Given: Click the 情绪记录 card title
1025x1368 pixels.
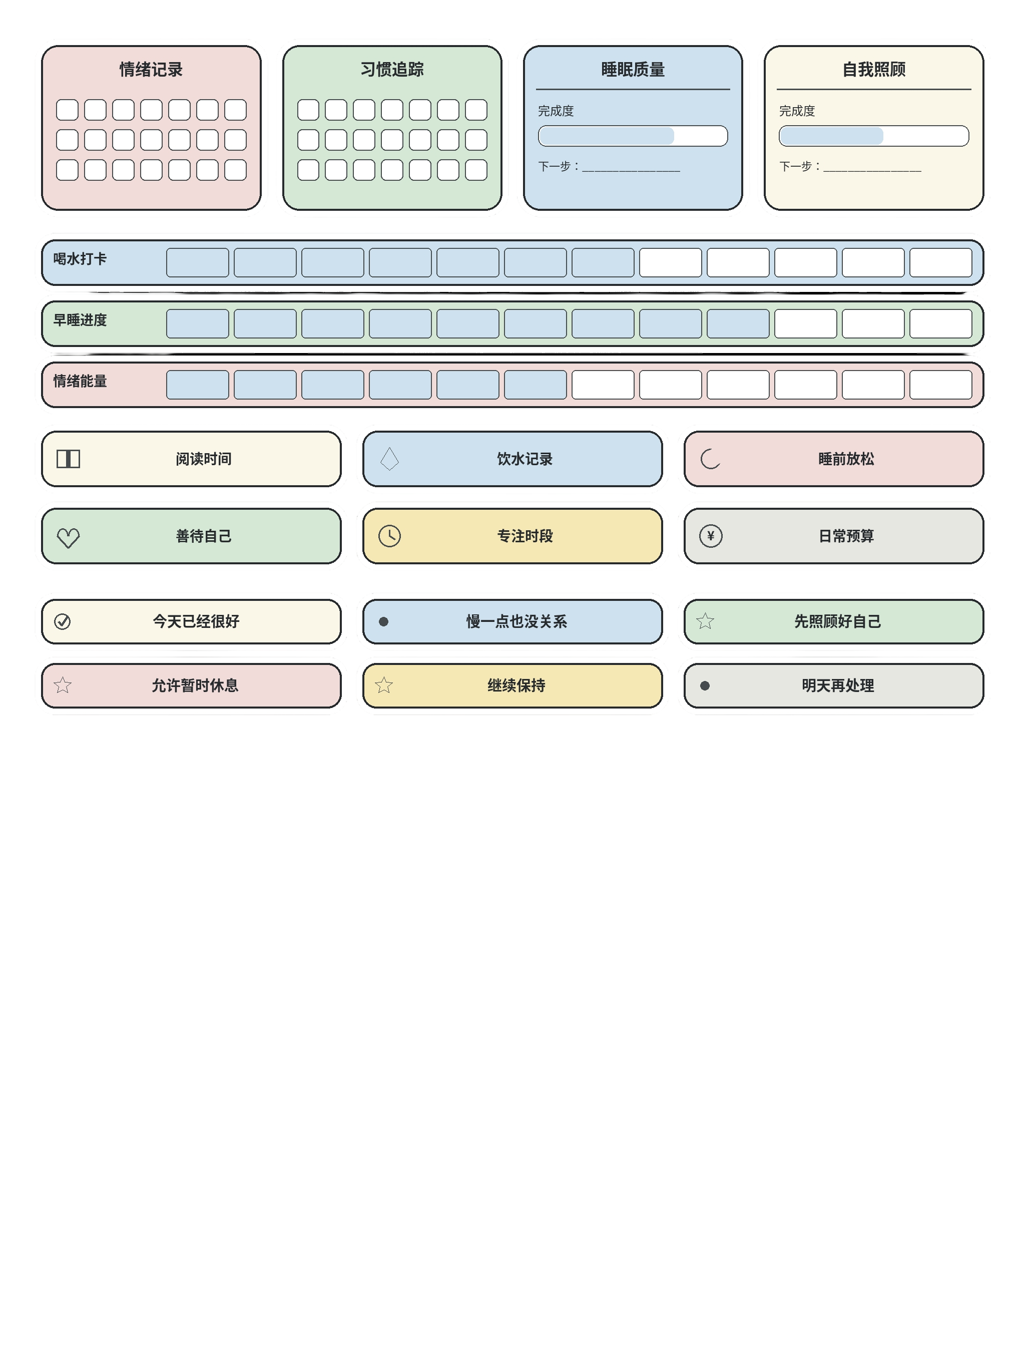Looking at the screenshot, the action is tap(151, 69).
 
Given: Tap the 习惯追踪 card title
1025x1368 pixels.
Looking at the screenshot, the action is tap(392, 69).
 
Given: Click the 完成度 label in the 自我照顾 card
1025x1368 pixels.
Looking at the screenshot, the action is tap(797, 111).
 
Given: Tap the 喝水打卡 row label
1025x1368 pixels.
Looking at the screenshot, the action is tap(80, 258).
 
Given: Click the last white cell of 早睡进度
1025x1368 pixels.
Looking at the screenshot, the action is tap(940, 323).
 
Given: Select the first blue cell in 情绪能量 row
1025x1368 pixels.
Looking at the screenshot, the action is tap(197, 385).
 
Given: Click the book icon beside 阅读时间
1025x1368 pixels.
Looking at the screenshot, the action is tap(69, 459).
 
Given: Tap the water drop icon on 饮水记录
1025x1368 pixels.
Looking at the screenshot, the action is tap(389, 459).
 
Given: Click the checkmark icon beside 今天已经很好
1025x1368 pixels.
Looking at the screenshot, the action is tap(63, 621).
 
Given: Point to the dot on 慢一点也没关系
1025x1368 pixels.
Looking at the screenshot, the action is tap(383, 621).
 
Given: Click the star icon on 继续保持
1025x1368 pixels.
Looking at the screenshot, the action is tap(384, 685).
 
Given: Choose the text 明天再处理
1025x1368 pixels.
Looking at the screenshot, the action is tap(838, 685).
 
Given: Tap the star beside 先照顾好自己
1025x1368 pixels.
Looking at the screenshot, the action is tap(705, 621).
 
